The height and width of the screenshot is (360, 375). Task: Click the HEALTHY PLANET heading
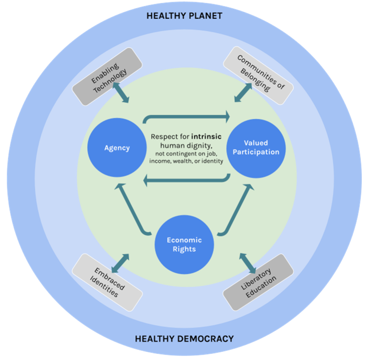185,16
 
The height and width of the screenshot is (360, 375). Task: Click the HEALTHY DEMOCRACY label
184,339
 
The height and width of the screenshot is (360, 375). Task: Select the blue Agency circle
117,148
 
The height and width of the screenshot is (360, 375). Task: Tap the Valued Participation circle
256,147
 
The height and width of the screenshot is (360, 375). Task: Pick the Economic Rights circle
184,245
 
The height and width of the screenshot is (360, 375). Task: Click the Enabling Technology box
107,77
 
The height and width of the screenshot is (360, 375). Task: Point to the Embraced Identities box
107,282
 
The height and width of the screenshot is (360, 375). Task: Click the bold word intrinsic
206,137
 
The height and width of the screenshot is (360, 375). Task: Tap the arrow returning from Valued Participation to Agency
186,181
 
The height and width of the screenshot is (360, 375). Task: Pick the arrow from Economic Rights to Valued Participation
236,209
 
